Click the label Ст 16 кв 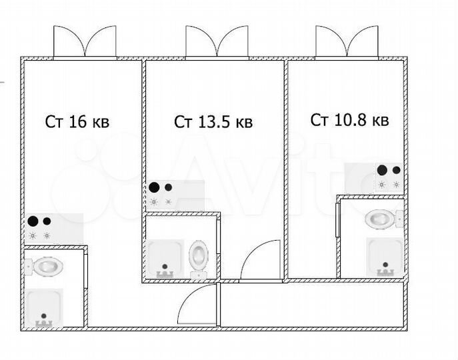click(x=77, y=121)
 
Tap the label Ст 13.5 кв click(x=213, y=121)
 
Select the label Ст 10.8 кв click(x=349, y=120)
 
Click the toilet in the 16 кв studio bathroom click(x=45, y=266)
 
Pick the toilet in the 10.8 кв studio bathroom click(x=384, y=219)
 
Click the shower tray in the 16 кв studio click(x=44, y=308)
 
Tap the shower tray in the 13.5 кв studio click(x=165, y=259)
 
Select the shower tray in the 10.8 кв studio click(x=385, y=257)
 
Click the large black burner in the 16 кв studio click(x=33, y=221)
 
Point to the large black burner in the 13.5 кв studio click(x=154, y=187)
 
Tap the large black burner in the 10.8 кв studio click(x=382, y=170)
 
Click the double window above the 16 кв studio click(x=85, y=43)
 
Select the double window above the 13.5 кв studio click(x=217, y=43)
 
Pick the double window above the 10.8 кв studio click(x=347, y=43)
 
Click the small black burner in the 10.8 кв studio click(x=397, y=170)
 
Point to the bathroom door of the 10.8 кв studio click(x=337, y=220)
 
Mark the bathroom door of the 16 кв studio click(x=86, y=271)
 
